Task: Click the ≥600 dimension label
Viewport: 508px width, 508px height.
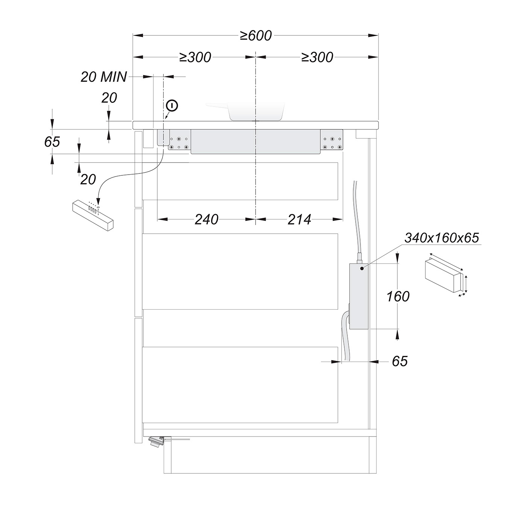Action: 256,36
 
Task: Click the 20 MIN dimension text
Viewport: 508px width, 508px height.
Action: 103,77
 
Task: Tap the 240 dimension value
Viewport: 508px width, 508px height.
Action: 207,219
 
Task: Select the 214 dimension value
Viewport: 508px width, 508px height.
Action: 299,219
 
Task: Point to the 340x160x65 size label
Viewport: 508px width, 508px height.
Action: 441,238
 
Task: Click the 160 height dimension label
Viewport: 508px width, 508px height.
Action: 398,296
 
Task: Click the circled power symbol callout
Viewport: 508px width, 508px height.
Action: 172,106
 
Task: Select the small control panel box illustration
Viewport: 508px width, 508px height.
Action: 93,216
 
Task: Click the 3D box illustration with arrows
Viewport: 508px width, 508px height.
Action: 446,277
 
